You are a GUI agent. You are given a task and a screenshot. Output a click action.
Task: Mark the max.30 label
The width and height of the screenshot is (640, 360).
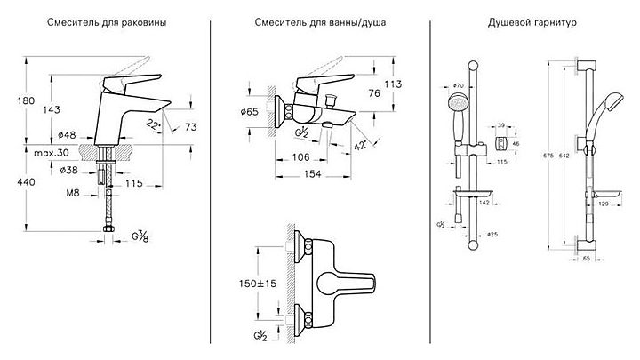click(52, 152)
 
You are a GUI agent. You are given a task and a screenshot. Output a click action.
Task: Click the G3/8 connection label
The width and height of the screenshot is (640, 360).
click(140, 236)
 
